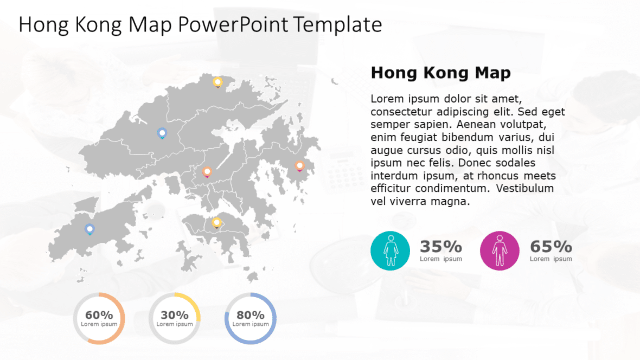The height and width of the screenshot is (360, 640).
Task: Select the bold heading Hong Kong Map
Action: tap(440, 73)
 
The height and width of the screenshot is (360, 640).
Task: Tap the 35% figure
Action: tap(440, 247)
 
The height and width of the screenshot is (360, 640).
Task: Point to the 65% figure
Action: tap(551, 247)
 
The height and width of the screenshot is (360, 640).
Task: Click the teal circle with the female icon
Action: tap(390, 250)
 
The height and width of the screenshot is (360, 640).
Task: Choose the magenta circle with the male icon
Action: tap(500, 250)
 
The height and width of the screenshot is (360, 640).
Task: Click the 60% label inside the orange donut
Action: tap(99, 315)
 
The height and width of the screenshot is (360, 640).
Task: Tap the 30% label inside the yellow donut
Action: tap(175, 315)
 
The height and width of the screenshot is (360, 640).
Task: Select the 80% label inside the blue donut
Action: tap(251, 315)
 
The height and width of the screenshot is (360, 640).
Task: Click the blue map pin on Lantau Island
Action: tap(89, 229)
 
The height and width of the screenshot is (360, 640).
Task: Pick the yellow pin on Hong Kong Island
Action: tap(216, 222)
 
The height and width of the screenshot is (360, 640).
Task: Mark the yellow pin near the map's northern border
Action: tap(217, 82)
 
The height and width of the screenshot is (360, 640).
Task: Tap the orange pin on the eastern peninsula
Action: tap(299, 165)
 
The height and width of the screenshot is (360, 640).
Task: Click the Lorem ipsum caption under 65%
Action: tap(551, 259)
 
